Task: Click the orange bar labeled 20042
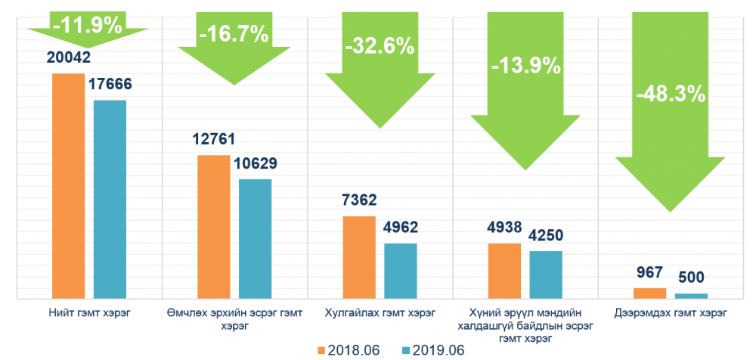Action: click(68, 185)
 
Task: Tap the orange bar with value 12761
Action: click(214, 226)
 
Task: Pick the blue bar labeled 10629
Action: click(256, 238)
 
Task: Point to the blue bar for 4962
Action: click(401, 270)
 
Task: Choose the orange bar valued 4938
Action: click(505, 270)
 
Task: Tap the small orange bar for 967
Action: click(650, 293)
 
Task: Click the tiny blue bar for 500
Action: click(691, 295)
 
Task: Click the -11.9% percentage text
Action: click(87, 25)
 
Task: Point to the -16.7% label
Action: click(233, 34)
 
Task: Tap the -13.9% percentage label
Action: click(525, 65)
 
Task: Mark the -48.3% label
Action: click(671, 95)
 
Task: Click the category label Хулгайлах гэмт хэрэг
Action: click(380, 312)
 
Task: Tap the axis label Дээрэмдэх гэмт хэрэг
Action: click(671, 312)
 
